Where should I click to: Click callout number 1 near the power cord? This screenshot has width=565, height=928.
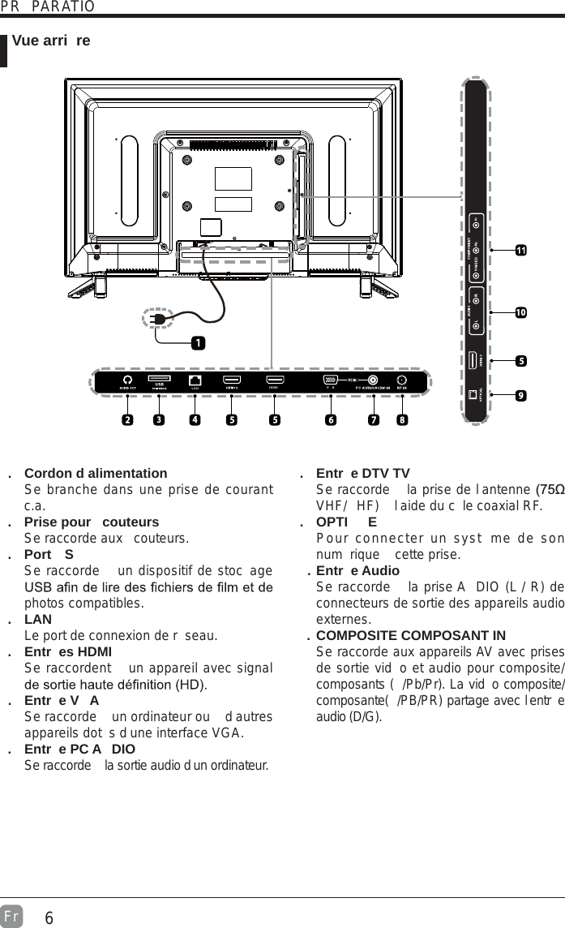(197, 343)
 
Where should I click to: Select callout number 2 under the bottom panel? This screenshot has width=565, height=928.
(127, 420)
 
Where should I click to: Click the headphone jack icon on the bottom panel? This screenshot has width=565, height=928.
(127, 380)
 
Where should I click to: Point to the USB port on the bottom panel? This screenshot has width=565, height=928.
(159, 380)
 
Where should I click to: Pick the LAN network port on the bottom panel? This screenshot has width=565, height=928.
(195, 380)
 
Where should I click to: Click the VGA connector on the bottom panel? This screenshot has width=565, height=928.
(330, 380)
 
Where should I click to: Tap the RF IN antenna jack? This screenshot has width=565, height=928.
(401, 380)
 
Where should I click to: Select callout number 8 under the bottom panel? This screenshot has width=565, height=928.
(402, 420)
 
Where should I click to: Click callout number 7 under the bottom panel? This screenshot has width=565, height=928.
(373, 420)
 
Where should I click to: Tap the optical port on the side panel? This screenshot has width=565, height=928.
(476, 395)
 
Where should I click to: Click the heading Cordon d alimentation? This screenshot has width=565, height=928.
(96, 473)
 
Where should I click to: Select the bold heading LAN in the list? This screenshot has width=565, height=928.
(38, 619)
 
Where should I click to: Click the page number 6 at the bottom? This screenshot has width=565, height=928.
(49, 918)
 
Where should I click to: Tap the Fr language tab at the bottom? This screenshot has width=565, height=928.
(11, 913)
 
